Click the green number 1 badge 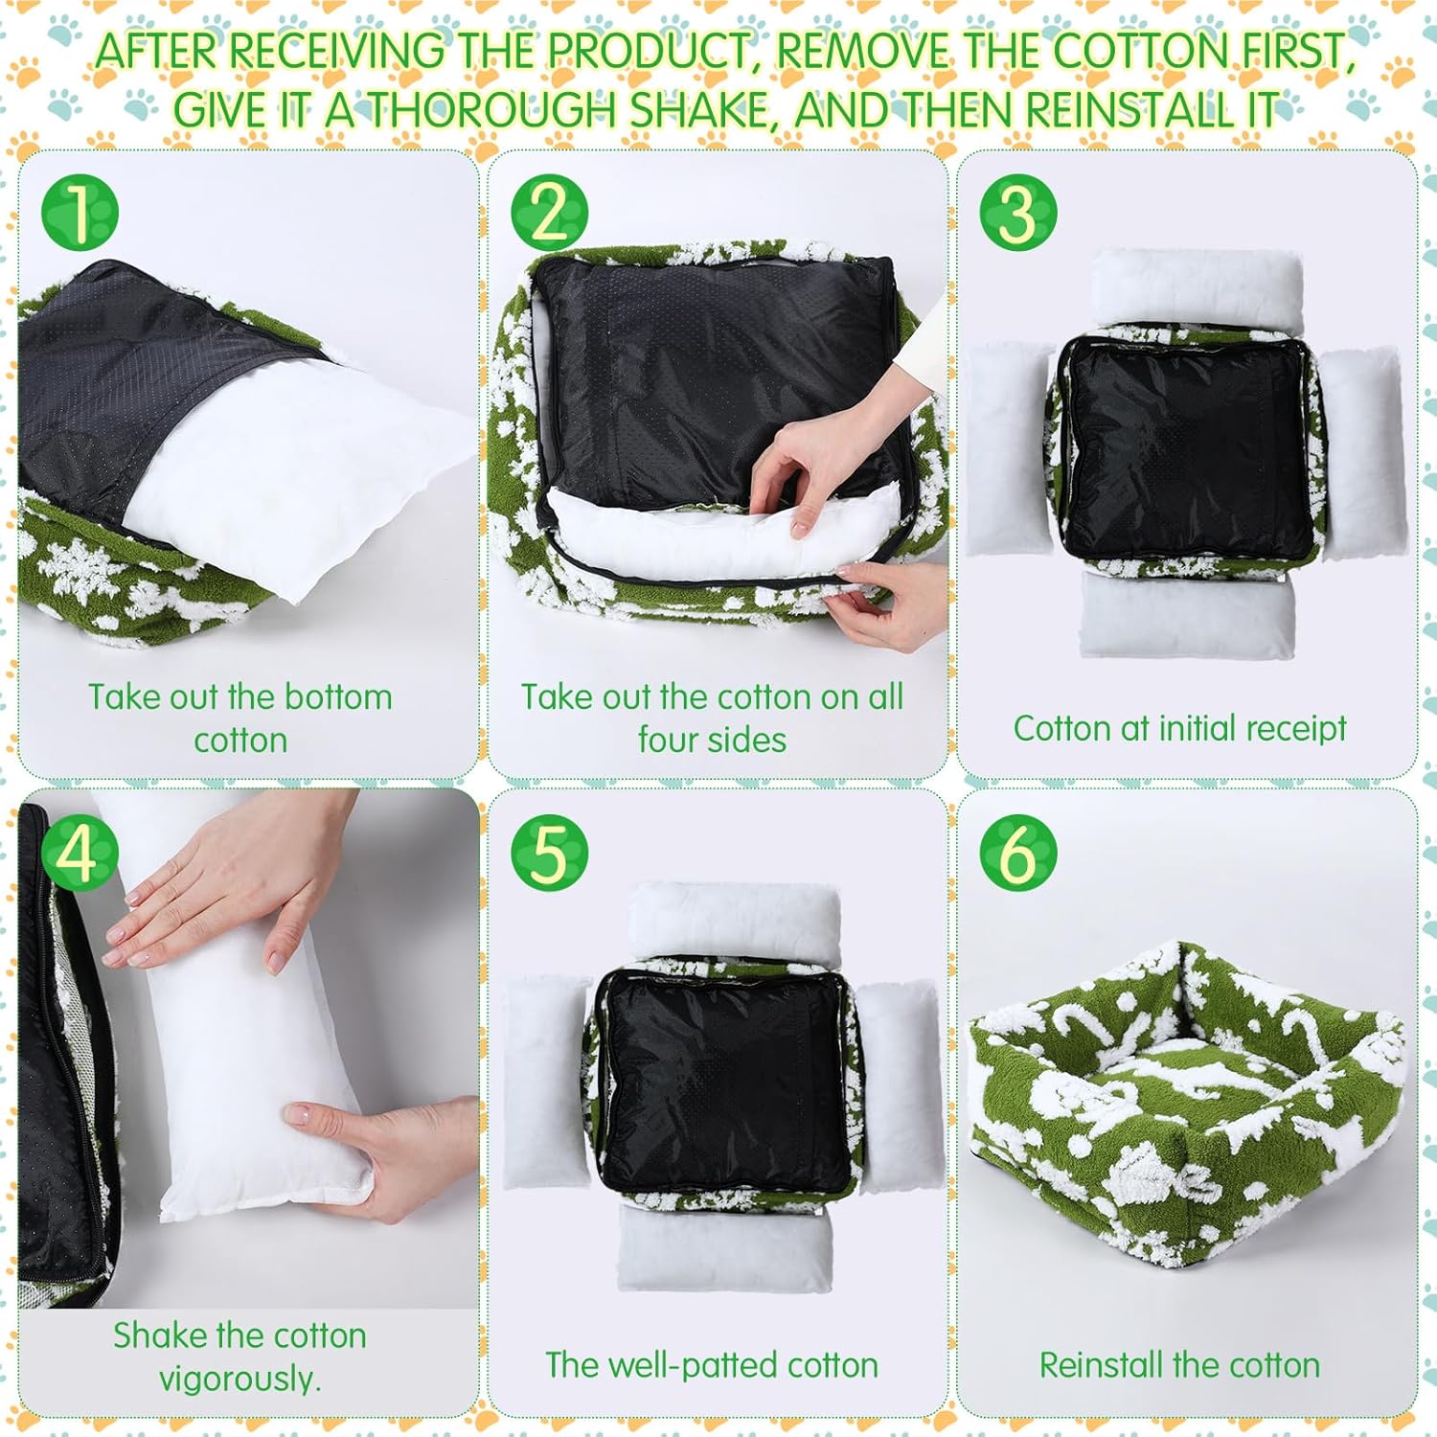pyautogui.click(x=80, y=212)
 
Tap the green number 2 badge pyautogui.click(x=549, y=212)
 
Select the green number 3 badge pyautogui.click(x=1018, y=212)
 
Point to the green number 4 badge pyautogui.click(x=80, y=852)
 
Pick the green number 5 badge pyautogui.click(x=549, y=852)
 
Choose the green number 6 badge pyautogui.click(x=1018, y=852)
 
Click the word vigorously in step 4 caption pyautogui.click(x=239, y=1379)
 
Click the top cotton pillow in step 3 pyautogui.click(x=1197, y=287)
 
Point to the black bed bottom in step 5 pyautogui.click(x=725, y=1081)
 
